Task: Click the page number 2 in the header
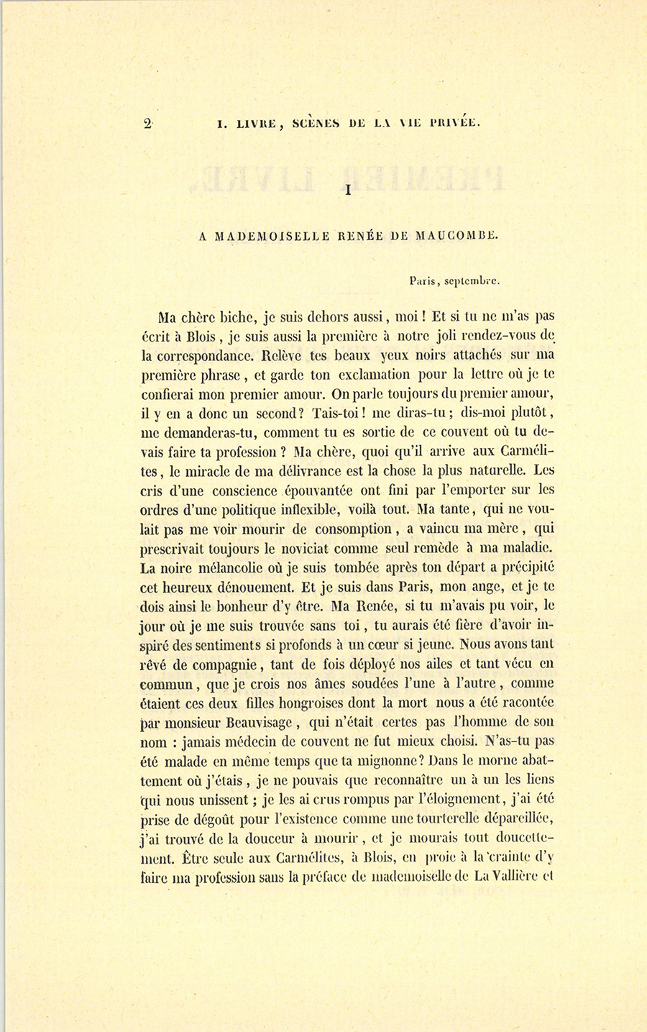[x=147, y=123]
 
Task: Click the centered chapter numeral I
[x=348, y=190]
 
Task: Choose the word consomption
[x=352, y=530]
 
